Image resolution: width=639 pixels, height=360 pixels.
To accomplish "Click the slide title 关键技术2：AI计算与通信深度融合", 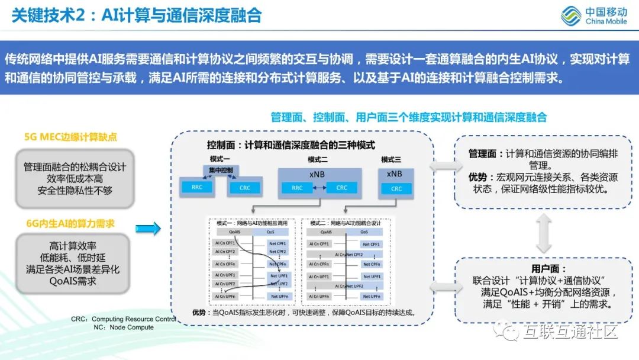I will pyautogui.click(x=137, y=15).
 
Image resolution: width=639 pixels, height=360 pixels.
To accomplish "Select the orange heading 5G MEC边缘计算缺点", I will pyautogui.click(x=70, y=137).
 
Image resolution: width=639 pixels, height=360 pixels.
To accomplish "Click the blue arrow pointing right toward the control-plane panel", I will pyautogui.click(x=148, y=228).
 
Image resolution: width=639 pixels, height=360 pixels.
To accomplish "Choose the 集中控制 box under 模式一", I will pyautogui.click(x=221, y=170).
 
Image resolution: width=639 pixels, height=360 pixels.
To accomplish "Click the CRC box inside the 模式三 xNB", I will pyautogui.click(x=396, y=188).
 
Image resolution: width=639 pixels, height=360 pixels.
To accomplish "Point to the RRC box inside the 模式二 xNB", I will pyautogui.click(x=297, y=188).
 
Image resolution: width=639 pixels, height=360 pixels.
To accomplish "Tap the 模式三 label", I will pyautogui.click(x=391, y=159).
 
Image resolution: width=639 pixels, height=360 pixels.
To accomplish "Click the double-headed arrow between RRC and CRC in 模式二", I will pyautogui.click(x=319, y=188).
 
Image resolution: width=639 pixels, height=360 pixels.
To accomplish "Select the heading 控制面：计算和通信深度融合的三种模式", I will pyautogui.click(x=291, y=144).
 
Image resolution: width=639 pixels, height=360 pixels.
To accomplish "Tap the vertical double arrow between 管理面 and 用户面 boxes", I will pyautogui.click(x=544, y=232).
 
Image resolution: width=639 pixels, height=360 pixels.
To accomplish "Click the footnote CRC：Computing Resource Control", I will pyautogui.click(x=124, y=319).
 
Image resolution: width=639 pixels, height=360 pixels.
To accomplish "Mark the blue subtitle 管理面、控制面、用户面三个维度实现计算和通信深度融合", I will pyautogui.click(x=408, y=117).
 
